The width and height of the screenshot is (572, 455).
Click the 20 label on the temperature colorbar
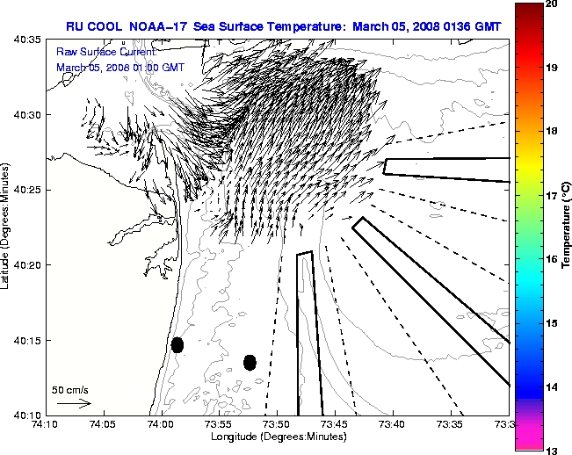click(x=553, y=4)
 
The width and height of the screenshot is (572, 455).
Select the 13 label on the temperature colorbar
click(x=553, y=450)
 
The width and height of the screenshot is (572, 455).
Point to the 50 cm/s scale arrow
click(x=74, y=403)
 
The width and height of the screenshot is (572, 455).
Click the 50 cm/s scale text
click(x=70, y=389)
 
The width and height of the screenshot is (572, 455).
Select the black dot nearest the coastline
click(x=177, y=344)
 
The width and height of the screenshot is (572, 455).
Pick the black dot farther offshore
click(x=250, y=362)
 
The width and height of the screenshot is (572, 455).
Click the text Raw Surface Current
click(x=98, y=53)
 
